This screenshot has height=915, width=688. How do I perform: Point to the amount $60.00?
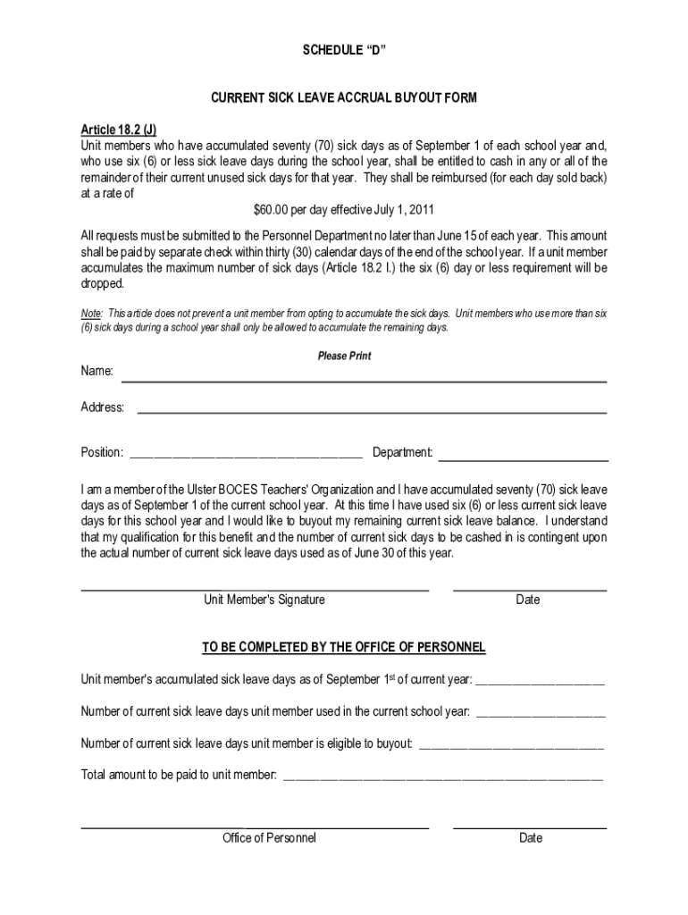[271, 210]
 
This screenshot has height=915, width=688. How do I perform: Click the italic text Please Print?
[344, 356]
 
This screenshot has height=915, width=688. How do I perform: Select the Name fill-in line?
[364, 381]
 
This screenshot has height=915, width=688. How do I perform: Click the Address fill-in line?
[371, 413]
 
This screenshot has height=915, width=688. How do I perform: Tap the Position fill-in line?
[246, 456]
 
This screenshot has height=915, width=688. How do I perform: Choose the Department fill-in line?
[523, 459]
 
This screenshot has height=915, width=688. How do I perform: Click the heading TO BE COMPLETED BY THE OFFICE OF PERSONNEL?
[344, 646]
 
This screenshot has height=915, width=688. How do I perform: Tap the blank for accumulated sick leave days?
[541, 684]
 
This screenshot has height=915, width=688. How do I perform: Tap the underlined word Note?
[90, 314]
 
